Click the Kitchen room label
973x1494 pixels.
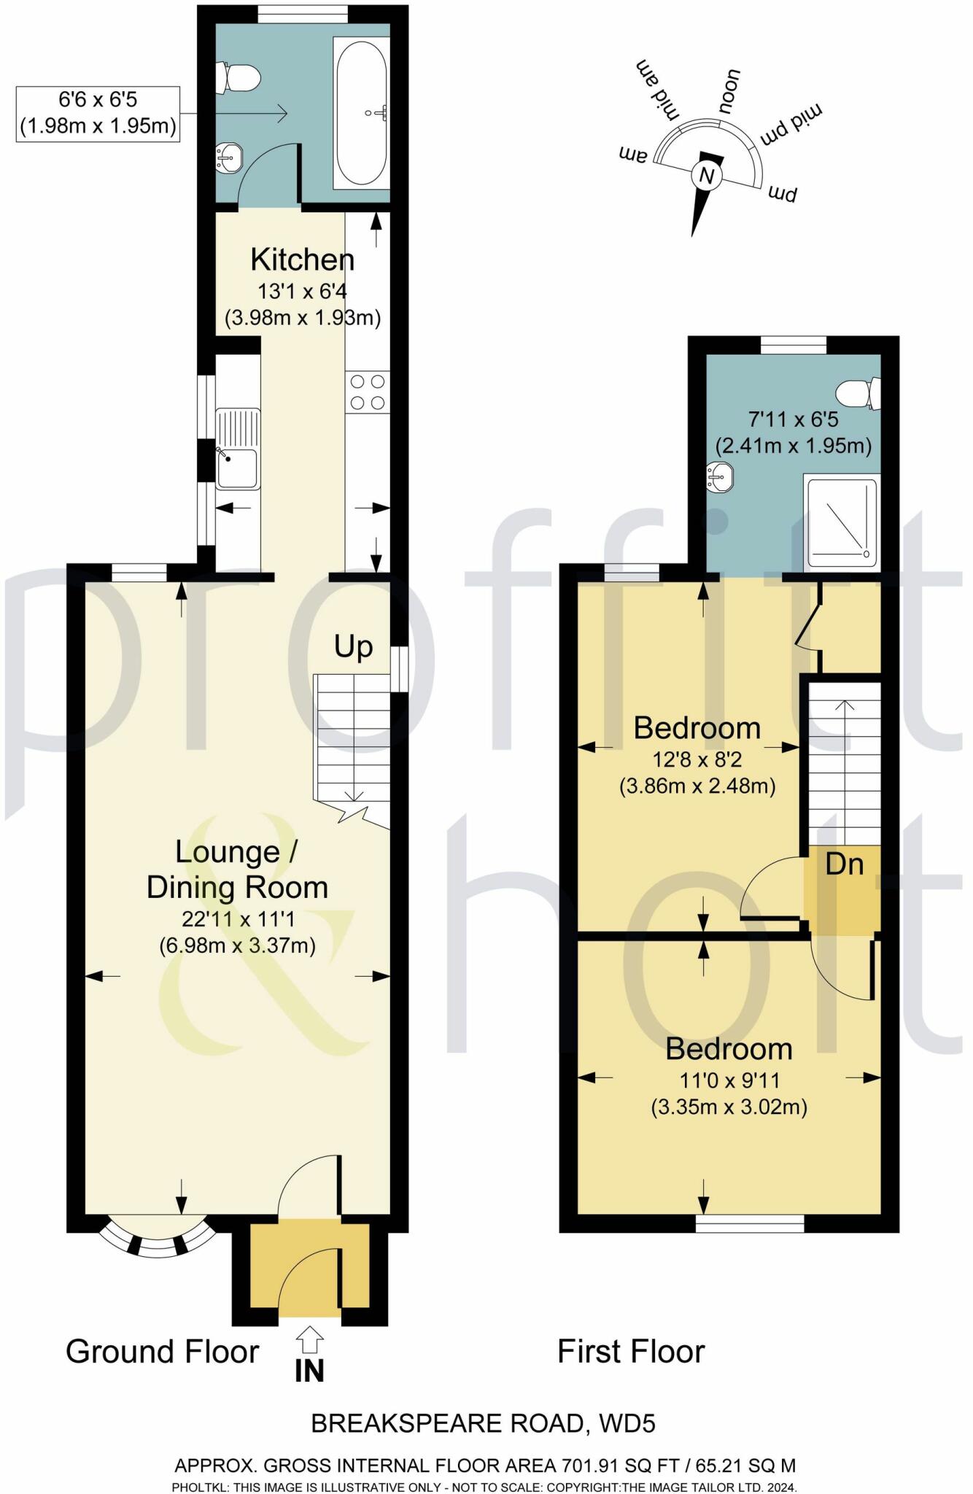pyautogui.click(x=302, y=260)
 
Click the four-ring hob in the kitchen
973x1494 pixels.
pyautogui.click(x=368, y=392)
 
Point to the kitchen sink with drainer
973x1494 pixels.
pyautogui.click(x=238, y=449)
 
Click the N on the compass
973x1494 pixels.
pyautogui.click(x=705, y=176)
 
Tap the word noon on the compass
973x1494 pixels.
pyautogui.click(x=728, y=91)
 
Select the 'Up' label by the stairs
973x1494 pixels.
pyautogui.click(x=353, y=647)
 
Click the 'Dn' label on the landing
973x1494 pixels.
pyautogui.click(x=845, y=864)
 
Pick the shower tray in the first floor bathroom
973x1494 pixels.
pyautogui.click(x=841, y=521)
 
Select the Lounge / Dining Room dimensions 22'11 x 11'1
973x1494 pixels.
pyautogui.click(x=238, y=919)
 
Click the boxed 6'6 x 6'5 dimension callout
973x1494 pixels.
pyautogui.click(x=98, y=113)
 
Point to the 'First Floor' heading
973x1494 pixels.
pyautogui.click(x=631, y=1352)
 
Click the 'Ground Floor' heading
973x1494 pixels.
pyautogui.click(x=162, y=1352)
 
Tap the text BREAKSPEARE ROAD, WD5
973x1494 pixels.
pyautogui.click(x=483, y=1423)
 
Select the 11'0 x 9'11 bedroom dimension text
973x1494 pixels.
pyautogui.click(x=729, y=1080)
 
